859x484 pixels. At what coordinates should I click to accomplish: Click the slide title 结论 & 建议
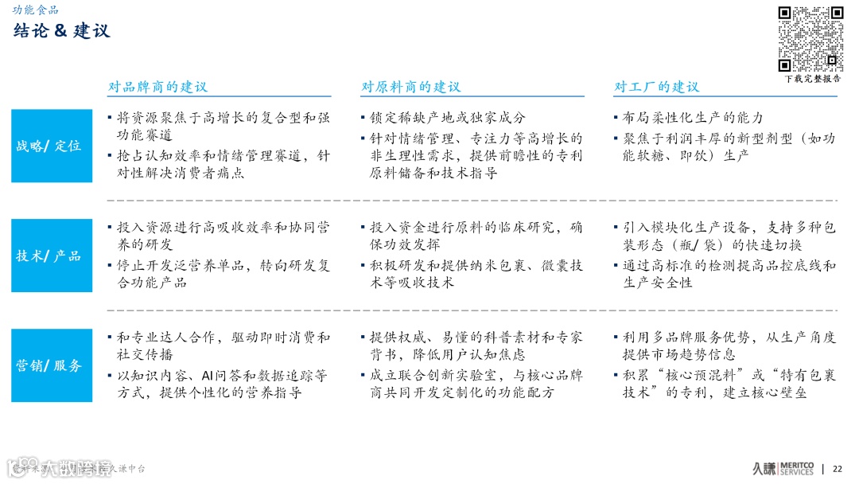[62, 31]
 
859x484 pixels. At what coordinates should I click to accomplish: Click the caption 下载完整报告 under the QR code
[812, 79]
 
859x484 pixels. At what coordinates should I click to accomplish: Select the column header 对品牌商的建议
[157, 87]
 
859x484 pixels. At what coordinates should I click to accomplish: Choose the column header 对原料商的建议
[410, 87]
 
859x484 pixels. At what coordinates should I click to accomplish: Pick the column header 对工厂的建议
[656, 87]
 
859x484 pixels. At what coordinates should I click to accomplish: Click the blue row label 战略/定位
[51, 146]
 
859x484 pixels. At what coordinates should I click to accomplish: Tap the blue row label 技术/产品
[51, 256]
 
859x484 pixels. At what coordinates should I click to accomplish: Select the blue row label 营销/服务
[51, 365]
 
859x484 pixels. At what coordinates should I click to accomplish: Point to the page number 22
[837, 468]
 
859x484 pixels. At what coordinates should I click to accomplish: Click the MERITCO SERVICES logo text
[795, 468]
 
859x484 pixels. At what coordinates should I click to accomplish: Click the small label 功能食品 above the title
[35, 10]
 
